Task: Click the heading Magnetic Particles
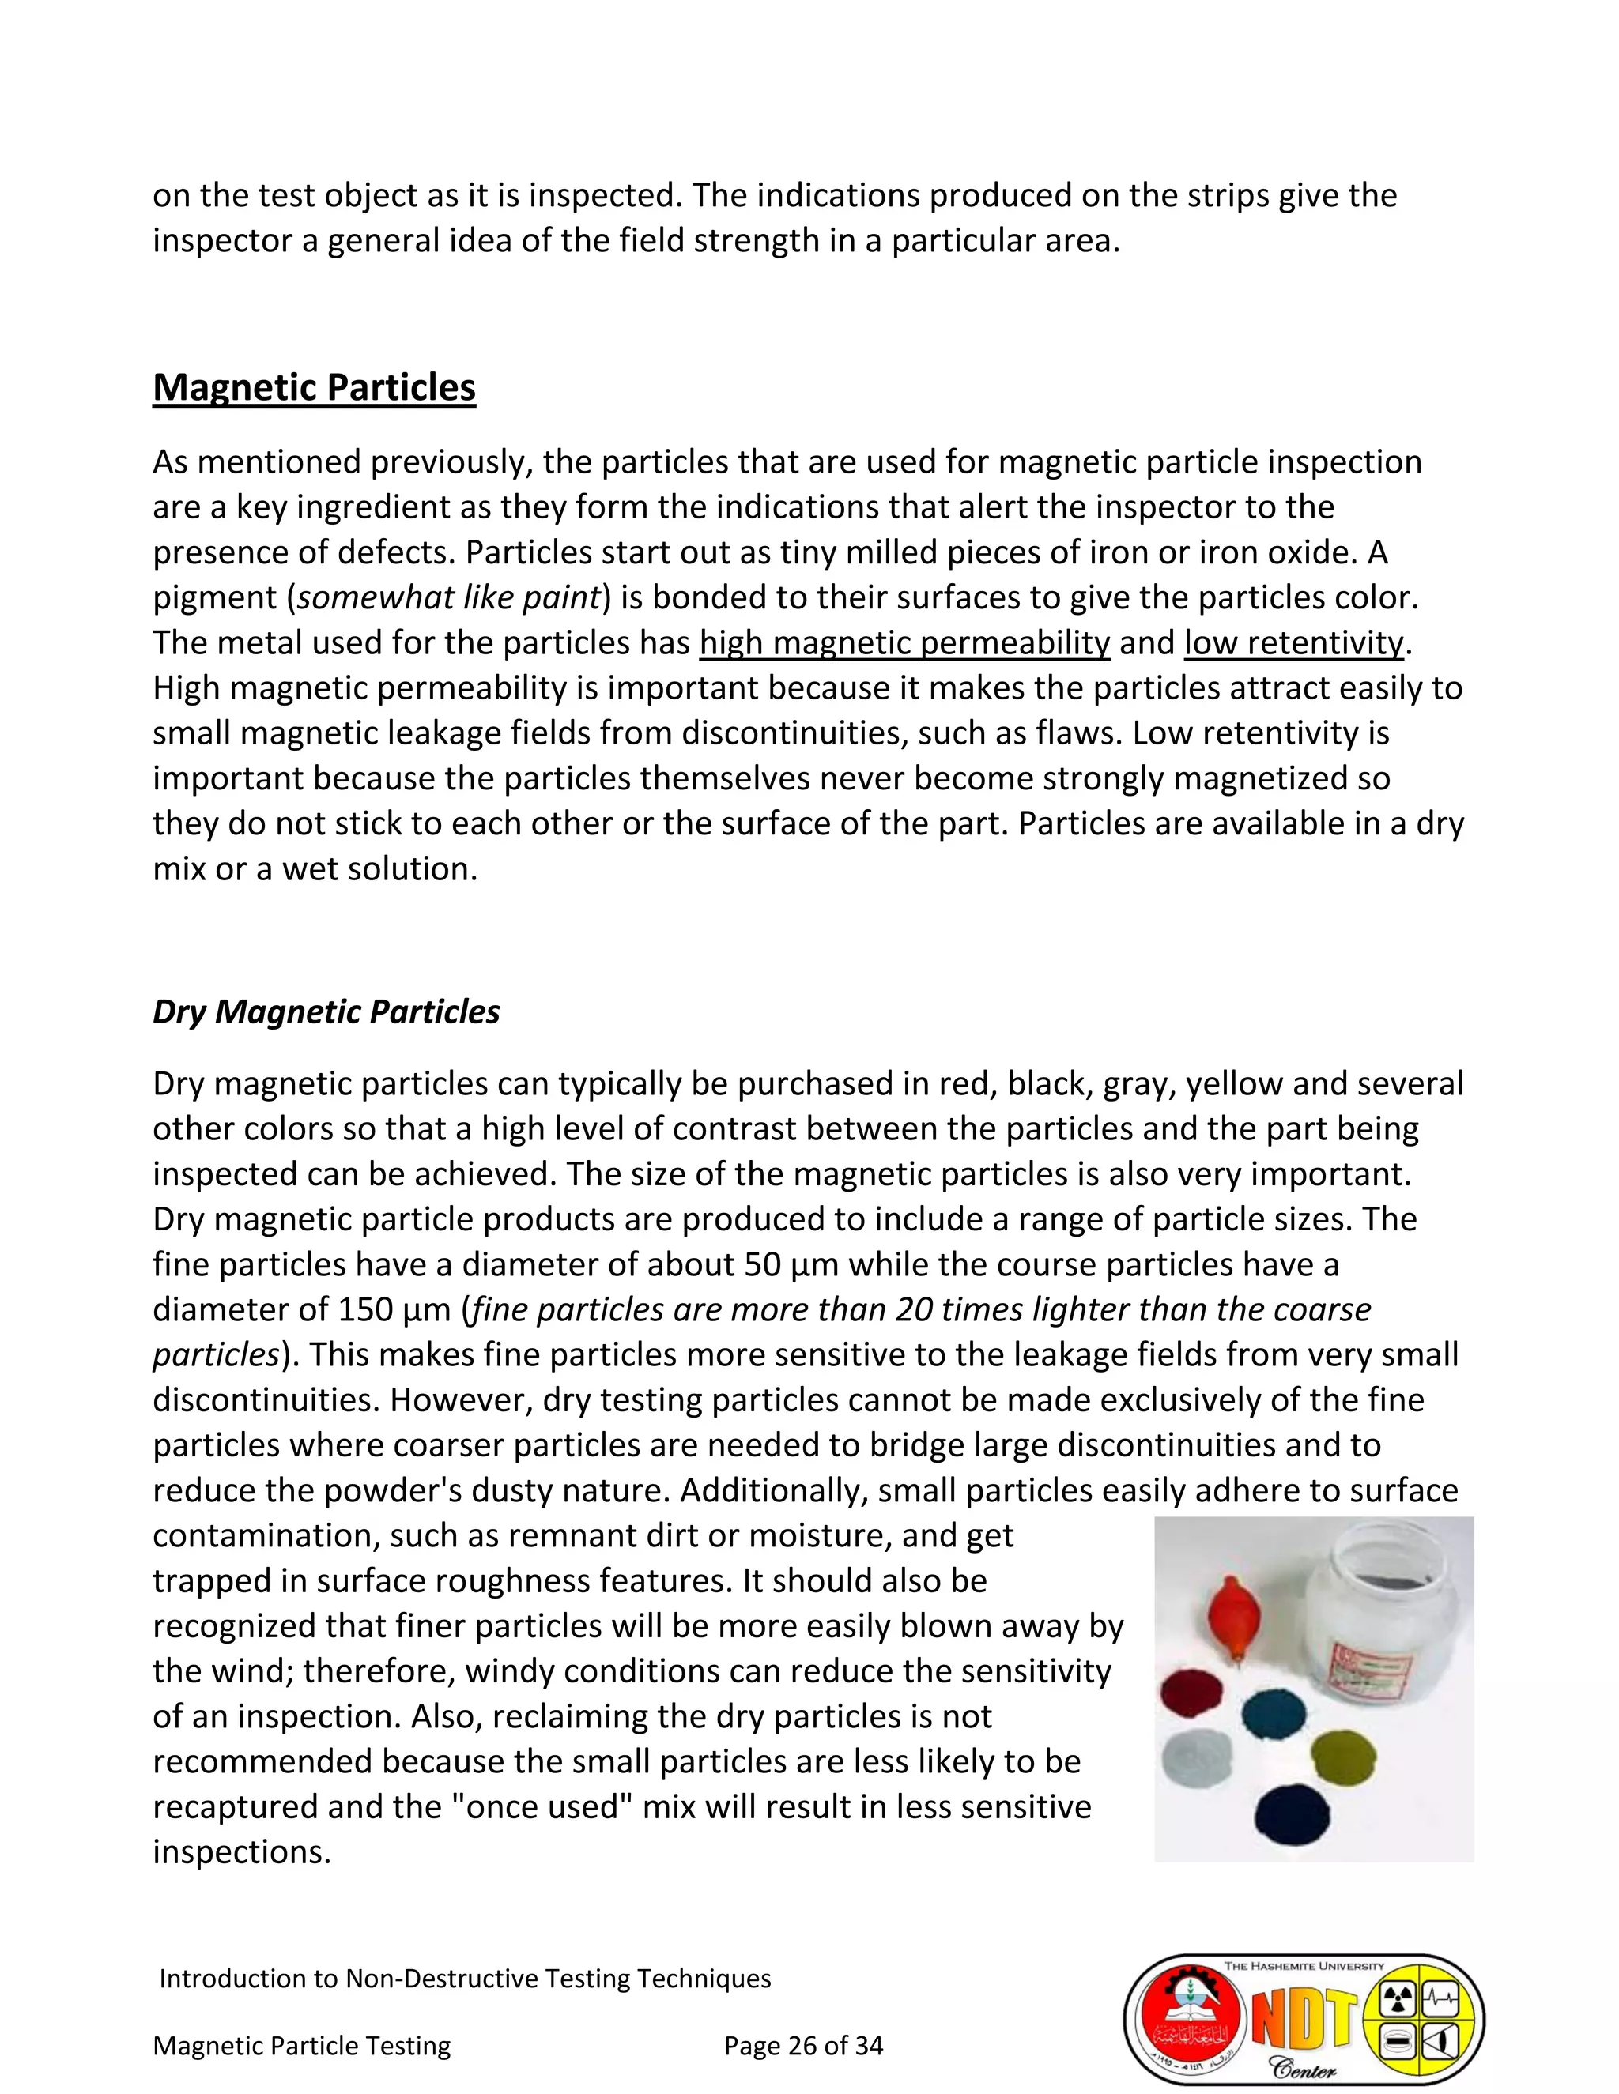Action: tap(314, 387)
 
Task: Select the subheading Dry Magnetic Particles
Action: tap(326, 1011)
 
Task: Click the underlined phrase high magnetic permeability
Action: tap(904, 642)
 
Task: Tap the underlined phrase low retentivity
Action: tap(1293, 642)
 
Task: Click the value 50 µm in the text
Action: tap(791, 1264)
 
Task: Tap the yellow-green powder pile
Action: tap(1343, 1757)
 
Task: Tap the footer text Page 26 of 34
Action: tap(803, 2045)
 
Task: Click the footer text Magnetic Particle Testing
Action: tap(301, 2045)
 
